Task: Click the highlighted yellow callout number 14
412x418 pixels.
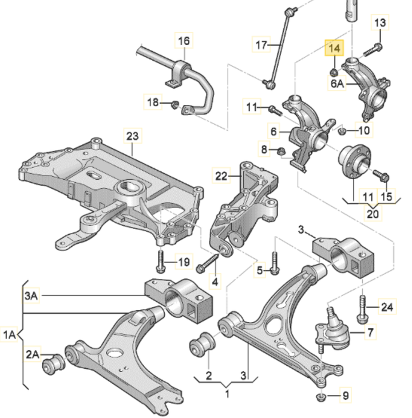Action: (334, 49)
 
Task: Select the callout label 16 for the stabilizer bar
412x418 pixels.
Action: (183, 41)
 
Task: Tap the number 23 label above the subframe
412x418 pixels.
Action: (132, 136)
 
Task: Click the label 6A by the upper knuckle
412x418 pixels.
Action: (338, 84)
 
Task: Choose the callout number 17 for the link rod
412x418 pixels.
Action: (261, 45)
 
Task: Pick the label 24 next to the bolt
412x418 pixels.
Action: (387, 307)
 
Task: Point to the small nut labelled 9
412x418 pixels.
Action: (322, 397)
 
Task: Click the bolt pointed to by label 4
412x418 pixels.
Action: (207, 265)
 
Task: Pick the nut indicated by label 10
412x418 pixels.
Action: (342, 131)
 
